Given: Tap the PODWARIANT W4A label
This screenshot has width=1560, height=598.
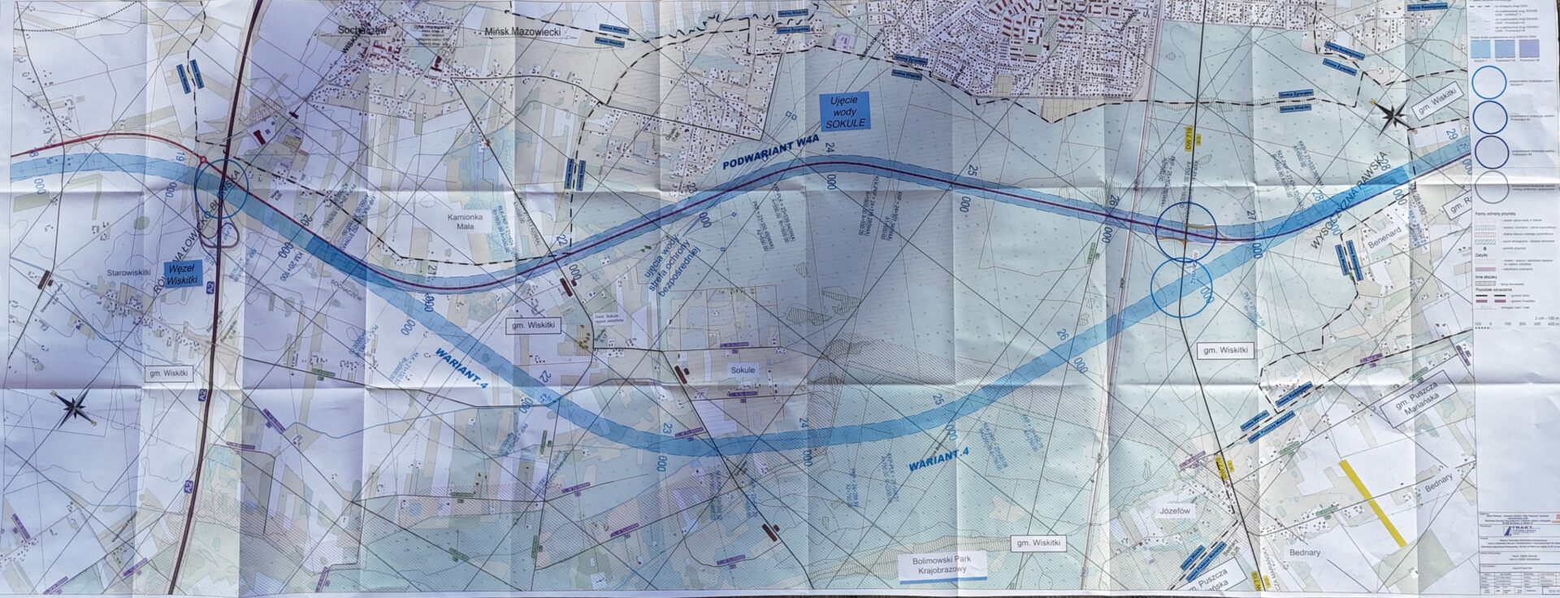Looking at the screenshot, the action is click(760, 161).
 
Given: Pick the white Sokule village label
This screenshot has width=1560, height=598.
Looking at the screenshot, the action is click(742, 370).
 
